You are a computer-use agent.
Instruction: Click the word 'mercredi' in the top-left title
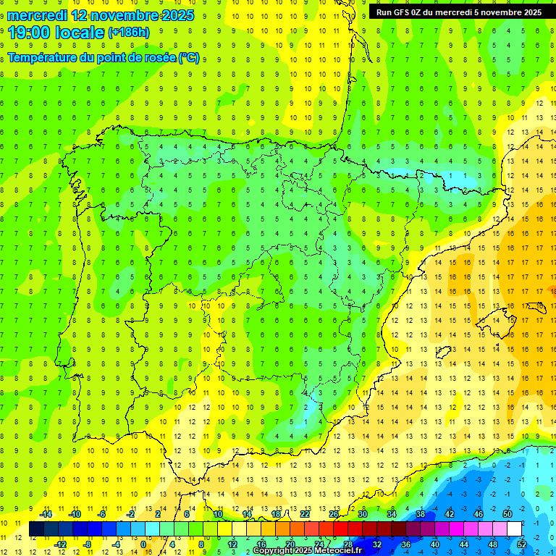(38, 15)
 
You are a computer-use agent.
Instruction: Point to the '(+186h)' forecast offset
(128, 32)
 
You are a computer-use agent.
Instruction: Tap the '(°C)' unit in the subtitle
(189, 58)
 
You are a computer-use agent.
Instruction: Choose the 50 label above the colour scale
(507, 514)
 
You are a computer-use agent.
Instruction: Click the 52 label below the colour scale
(522, 544)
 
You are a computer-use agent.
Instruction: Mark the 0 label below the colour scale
(143, 544)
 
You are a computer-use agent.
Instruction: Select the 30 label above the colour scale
(362, 514)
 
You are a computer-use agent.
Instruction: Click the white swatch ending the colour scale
(514, 528)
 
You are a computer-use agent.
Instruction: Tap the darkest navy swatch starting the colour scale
(36, 528)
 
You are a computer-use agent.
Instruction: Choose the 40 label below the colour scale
(434, 544)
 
